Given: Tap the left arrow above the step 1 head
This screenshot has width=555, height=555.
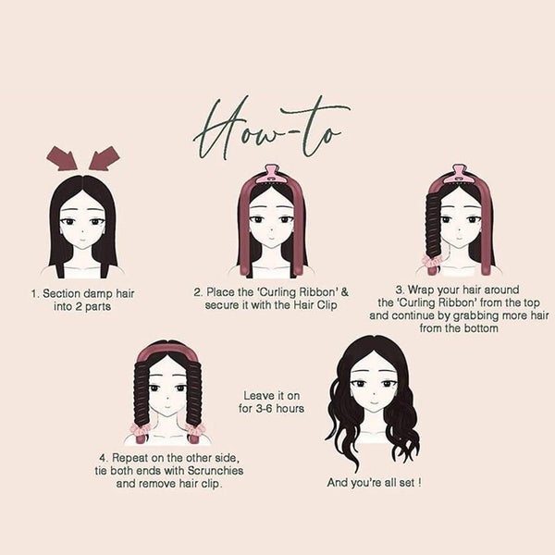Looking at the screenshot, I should pyautogui.click(x=62, y=158).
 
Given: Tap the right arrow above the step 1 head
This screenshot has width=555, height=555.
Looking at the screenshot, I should pyautogui.click(x=105, y=158).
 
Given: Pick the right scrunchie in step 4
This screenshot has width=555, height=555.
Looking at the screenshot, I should pyautogui.click(x=195, y=431).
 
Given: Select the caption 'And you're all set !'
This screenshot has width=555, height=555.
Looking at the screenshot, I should pyautogui.click(x=374, y=482).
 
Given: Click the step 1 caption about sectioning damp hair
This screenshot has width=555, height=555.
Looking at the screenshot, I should pyautogui.click(x=83, y=299).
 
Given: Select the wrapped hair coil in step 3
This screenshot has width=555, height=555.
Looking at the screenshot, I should pyautogui.click(x=434, y=222).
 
